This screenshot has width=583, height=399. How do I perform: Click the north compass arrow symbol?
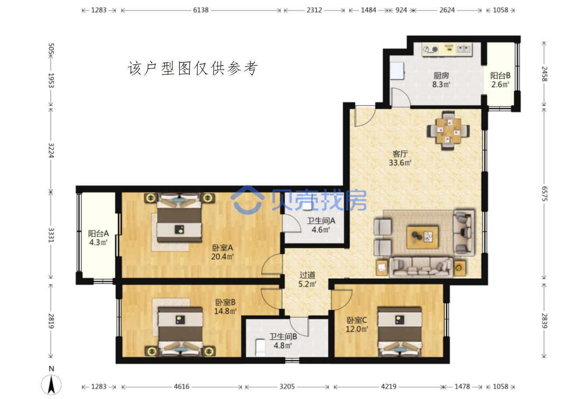point(51,385)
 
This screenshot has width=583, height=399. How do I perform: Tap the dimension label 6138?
point(201,10)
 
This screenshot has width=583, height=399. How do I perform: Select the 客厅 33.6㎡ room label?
point(400,158)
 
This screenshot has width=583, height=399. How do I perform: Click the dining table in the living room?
point(448,131)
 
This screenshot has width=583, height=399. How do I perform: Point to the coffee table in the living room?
point(422,237)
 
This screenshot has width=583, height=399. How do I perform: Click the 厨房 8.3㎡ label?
point(441,80)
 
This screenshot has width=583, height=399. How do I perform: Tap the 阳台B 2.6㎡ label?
point(500,80)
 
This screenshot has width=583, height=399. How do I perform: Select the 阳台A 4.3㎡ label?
point(98,238)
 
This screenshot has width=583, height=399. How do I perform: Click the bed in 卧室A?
point(179,218)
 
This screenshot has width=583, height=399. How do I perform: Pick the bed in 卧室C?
point(400,331)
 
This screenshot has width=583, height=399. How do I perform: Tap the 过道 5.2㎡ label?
point(307,279)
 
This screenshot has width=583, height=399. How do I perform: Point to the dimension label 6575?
point(545,194)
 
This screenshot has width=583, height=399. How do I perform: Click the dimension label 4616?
point(182,386)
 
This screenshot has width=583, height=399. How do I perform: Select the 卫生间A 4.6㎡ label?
point(321,225)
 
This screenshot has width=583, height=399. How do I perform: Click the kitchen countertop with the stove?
point(447,49)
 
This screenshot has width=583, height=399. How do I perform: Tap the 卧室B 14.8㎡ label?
point(225,307)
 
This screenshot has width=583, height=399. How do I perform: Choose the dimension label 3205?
point(287,386)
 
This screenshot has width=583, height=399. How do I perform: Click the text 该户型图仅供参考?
point(192,69)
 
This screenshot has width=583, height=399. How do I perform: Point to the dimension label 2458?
point(545,74)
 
